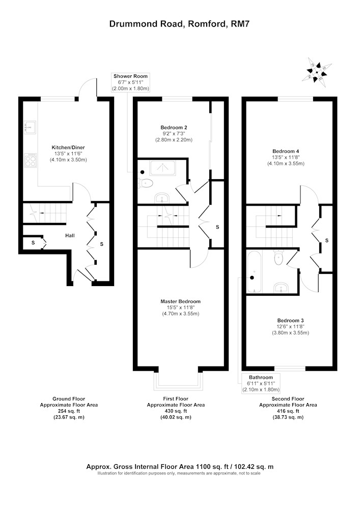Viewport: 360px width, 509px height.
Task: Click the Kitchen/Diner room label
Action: point(68,154)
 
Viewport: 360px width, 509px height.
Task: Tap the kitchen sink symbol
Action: point(30,127)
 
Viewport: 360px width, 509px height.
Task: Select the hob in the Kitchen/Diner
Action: point(31,160)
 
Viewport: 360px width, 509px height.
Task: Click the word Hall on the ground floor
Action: point(70,235)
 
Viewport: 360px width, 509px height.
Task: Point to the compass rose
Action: point(317,72)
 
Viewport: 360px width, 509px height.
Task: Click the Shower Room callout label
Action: point(130,82)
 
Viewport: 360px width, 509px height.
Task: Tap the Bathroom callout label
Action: point(261,383)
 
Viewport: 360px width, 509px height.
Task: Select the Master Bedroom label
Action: point(180,307)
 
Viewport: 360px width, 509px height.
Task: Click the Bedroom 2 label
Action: point(174,134)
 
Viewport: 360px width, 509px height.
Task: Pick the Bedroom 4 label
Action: point(286,157)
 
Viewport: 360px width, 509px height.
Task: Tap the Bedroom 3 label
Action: point(290,327)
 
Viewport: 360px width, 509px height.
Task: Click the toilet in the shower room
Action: point(145,183)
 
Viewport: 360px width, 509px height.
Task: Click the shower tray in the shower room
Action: point(162,168)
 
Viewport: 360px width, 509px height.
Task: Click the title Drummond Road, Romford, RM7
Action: point(180,24)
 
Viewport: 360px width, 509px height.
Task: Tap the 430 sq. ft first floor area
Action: point(176,411)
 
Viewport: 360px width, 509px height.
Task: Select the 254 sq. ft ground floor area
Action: point(69,411)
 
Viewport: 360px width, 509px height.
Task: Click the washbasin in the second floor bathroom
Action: point(281,288)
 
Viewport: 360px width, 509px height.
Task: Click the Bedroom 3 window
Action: point(290,369)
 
